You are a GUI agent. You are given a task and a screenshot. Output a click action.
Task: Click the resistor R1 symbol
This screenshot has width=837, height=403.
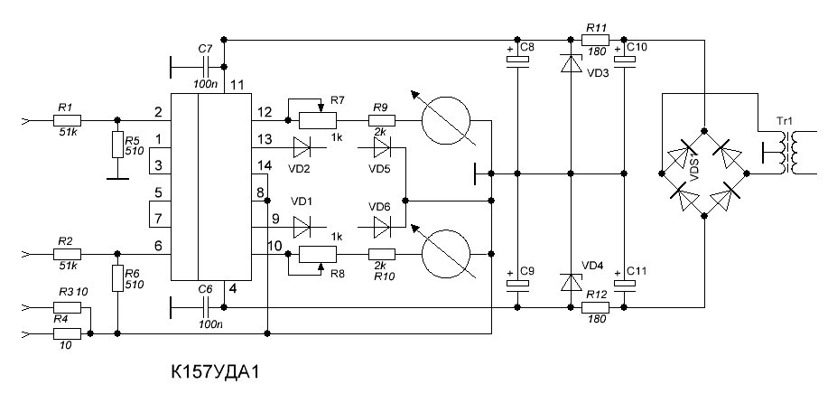(x=67, y=121)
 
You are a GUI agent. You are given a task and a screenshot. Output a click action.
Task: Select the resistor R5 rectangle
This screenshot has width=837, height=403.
(x=117, y=145)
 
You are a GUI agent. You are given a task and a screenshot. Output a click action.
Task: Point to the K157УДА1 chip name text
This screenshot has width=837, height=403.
(x=215, y=372)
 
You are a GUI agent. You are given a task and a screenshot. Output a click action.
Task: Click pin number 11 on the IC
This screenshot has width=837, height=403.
(x=237, y=85)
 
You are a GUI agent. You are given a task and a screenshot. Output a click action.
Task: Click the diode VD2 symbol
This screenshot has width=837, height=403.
(x=302, y=147)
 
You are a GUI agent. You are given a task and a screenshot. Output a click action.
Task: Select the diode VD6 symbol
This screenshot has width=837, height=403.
(x=382, y=227)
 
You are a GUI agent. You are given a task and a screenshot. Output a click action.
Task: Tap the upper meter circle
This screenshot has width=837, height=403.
(x=446, y=121)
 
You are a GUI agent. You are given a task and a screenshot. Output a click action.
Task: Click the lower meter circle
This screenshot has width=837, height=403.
(x=446, y=254)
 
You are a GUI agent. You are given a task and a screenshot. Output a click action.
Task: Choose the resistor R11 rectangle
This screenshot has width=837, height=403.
(x=595, y=40)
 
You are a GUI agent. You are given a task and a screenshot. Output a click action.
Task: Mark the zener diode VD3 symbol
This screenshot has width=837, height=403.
(x=571, y=63)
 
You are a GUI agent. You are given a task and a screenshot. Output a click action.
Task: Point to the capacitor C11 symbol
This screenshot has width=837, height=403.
(x=624, y=286)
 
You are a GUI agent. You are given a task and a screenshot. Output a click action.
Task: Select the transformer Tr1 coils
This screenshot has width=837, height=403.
(x=791, y=153)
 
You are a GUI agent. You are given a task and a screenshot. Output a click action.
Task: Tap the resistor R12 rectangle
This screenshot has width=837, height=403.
(x=595, y=307)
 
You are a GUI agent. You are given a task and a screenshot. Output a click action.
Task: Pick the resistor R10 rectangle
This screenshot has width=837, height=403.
(x=382, y=254)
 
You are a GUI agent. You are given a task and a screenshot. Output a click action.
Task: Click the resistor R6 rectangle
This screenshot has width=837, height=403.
(x=117, y=278)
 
